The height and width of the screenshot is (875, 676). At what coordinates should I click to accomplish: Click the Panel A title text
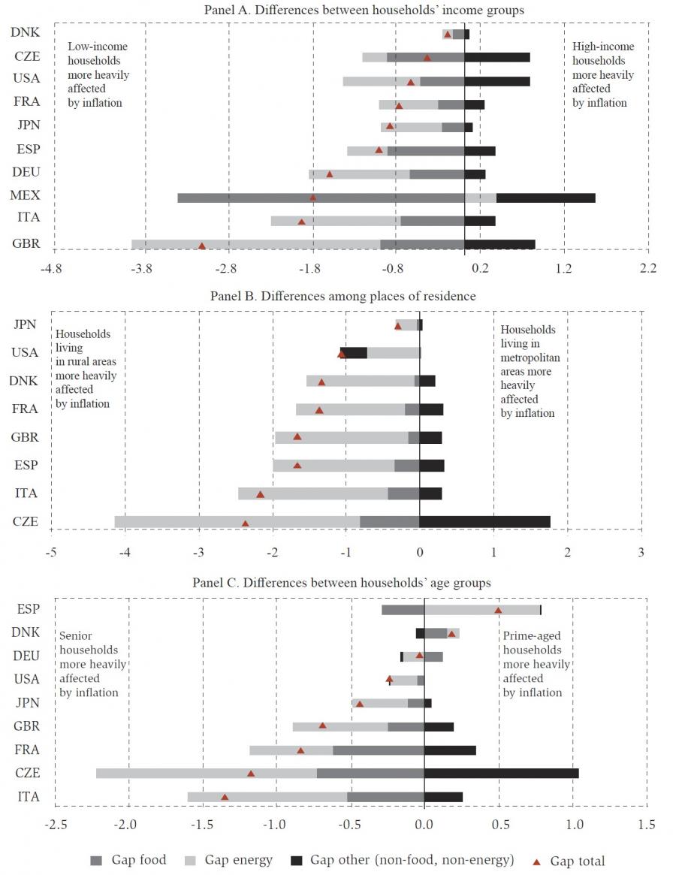364,10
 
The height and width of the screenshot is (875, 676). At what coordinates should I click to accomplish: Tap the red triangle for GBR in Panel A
201,246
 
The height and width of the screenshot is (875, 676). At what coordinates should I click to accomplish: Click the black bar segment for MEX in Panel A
545,198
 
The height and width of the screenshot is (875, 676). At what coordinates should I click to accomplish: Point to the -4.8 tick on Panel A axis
51,267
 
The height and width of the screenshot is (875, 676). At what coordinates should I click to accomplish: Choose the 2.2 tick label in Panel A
648,267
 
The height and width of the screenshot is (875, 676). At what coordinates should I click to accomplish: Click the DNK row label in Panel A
26,32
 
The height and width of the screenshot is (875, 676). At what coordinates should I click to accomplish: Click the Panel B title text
343,296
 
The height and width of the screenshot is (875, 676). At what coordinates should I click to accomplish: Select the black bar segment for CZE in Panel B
484,521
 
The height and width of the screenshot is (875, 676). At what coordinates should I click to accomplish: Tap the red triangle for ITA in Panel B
260,494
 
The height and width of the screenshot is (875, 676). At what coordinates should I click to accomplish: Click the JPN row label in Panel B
26,324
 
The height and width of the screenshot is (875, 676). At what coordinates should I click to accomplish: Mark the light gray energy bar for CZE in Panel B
237,521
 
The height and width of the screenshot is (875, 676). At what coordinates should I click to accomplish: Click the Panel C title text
342,582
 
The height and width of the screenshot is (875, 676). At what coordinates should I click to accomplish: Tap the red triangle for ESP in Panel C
498,610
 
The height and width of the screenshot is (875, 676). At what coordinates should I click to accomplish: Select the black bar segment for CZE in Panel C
501,773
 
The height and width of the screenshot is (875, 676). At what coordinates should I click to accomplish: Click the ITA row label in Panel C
28,797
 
